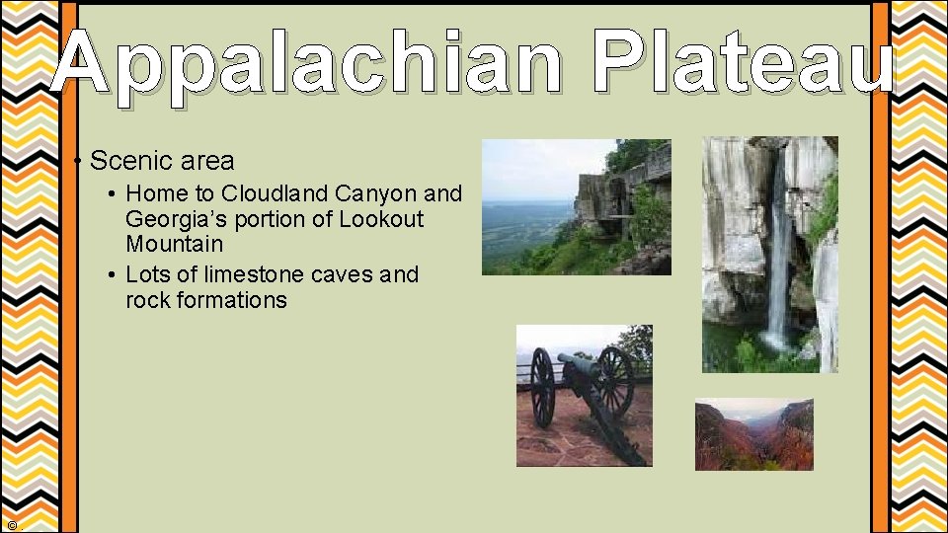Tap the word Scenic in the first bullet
(x=122, y=160)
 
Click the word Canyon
(x=377, y=192)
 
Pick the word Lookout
(x=381, y=219)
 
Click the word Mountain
(x=174, y=244)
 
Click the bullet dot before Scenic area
(x=77, y=161)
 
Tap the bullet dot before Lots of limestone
(x=115, y=274)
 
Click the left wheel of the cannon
(x=542, y=387)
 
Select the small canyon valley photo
(x=753, y=434)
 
